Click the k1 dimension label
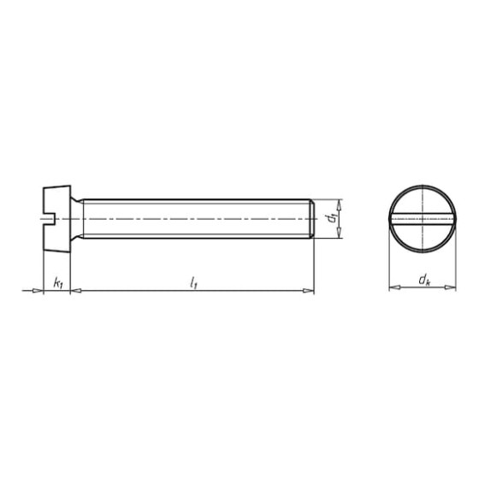point(58,283)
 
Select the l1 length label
point(193,282)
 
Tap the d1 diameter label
point(331,218)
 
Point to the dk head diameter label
point(424,281)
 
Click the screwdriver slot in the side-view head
point(48,219)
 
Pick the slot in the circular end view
point(423,218)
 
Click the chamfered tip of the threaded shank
point(313,219)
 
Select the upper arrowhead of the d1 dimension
point(339,205)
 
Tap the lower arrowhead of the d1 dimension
point(339,233)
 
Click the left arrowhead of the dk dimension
point(394,287)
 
